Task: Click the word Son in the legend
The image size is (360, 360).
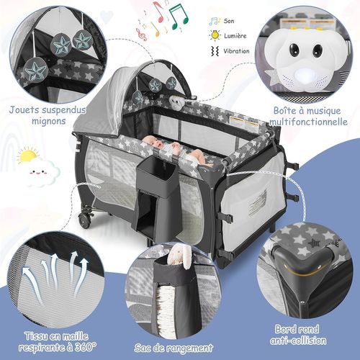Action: [x=229, y=21]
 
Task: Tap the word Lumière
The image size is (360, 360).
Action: [x=235, y=36]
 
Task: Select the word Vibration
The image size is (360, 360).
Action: [x=236, y=51]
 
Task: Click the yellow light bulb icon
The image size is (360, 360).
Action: [x=215, y=35]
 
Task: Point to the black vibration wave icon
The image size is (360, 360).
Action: [x=215, y=51]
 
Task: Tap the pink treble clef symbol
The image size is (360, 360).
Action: [x=141, y=34]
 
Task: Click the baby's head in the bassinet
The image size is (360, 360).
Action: [x=148, y=143]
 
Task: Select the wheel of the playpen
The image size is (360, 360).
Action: [x=85, y=221]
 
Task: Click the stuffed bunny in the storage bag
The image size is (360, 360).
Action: [x=179, y=256]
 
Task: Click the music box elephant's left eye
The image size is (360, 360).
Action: [x=294, y=50]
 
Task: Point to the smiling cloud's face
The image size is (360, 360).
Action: [x=38, y=172]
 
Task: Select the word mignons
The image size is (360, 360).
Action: [x=49, y=121]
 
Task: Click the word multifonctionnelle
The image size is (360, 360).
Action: [x=308, y=122]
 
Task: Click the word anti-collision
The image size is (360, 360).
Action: [x=298, y=341]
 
